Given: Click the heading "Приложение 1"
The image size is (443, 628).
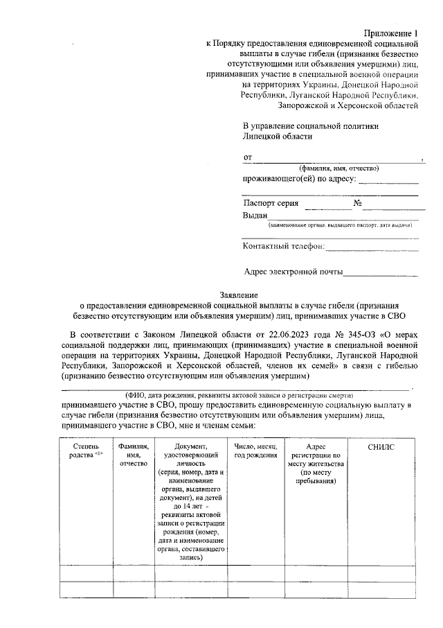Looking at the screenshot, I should click(392, 33).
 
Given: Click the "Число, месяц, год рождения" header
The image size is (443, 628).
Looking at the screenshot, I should click(255, 452).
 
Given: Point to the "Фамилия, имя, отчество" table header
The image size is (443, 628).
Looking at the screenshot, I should click(134, 455).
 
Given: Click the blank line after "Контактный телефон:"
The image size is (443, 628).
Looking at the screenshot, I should click(372, 246).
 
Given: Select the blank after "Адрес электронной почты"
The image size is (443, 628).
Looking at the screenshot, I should click(381, 272).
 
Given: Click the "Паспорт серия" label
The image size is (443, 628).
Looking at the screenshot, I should click(271, 204).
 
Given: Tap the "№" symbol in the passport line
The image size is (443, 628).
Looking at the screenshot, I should click(358, 204).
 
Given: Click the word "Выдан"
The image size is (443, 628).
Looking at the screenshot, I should click(255, 216).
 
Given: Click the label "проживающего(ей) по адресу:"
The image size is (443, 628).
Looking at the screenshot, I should click(299, 180).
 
